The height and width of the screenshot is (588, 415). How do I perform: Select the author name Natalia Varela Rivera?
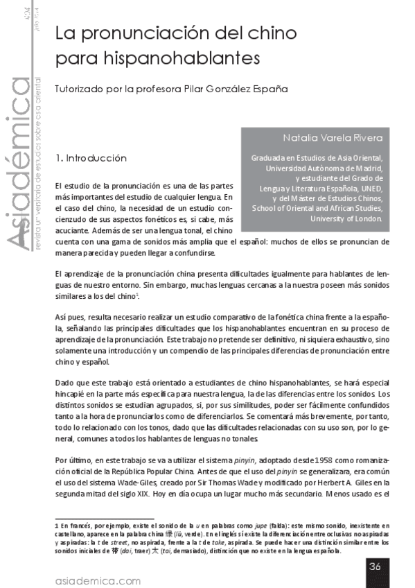pos(333,137)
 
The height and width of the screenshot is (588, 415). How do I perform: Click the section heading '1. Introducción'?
pos(100,158)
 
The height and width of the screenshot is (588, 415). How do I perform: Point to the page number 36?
pos(375,565)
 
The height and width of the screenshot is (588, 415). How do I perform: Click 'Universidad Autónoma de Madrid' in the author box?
pos(324,168)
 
